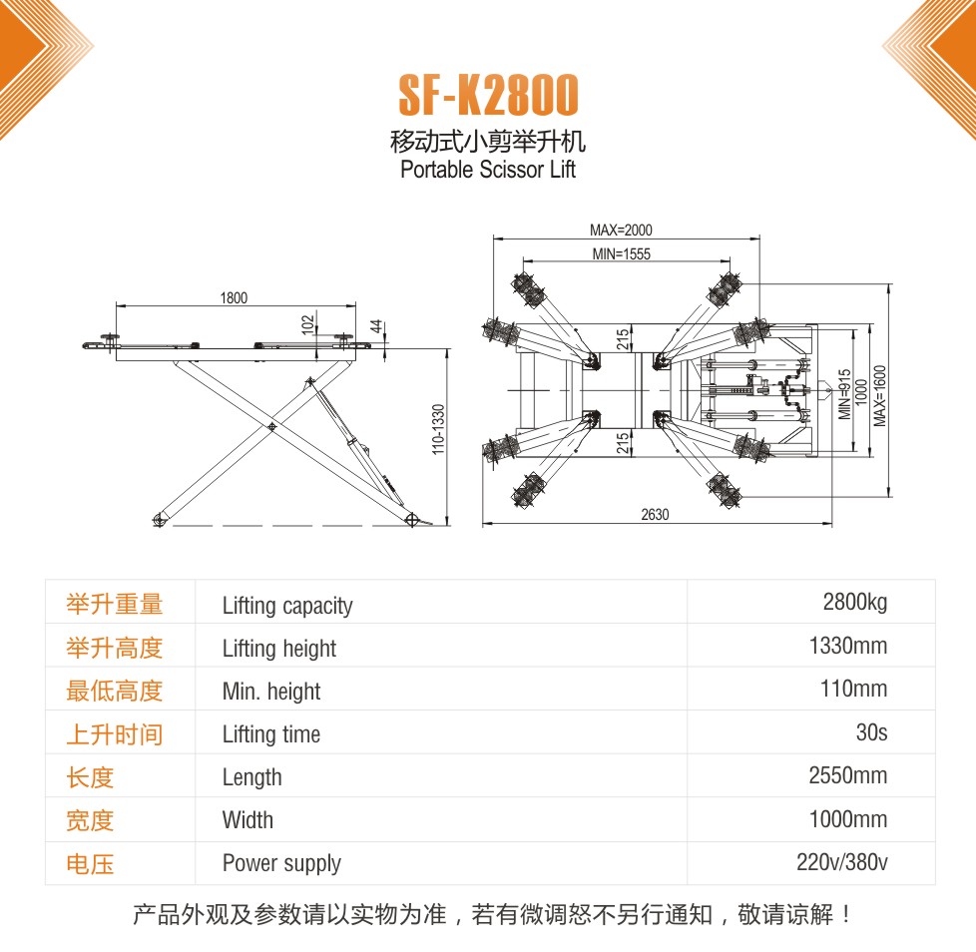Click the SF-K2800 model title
(x=489, y=95)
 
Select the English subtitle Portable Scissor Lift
(x=488, y=170)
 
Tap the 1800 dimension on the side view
(x=235, y=298)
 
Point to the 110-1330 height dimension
(x=439, y=429)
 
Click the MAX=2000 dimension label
(x=621, y=231)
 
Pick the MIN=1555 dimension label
(x=621, y=253)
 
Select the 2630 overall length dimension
(x=655, y=515)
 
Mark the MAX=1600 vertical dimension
(x=879, y=396)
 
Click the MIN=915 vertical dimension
(x=844, y=394)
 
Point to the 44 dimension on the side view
(x=376, y=326)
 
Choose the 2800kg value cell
(x=854, y=602)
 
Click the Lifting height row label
(x=278, y=649)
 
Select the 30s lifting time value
(x=871, y=732)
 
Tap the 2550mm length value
(x=848, y=775)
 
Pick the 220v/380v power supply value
(x=841, y=862)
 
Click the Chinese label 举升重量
(x=115, y=604)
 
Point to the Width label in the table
(x=247, y=820)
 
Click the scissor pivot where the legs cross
(x=271, y=427)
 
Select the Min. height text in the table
(x=271, y=692)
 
